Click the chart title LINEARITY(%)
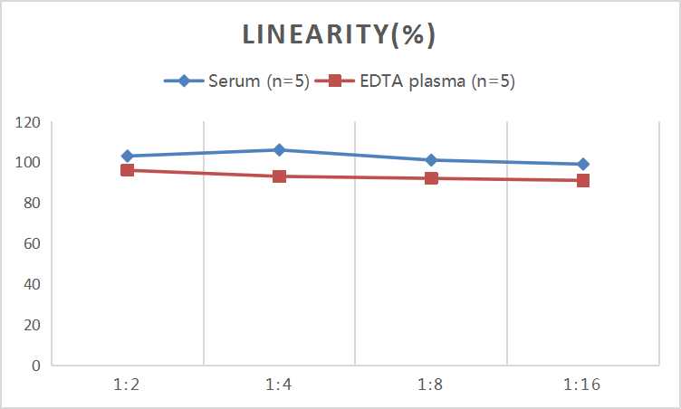[339, 35]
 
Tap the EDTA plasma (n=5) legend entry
[420, 81]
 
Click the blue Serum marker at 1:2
[128, 156]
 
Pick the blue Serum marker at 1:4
[280, 150]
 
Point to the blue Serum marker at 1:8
[431, 160]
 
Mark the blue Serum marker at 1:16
[583, 164]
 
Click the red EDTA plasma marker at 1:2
[128, 170]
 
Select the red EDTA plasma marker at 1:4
[280, 176]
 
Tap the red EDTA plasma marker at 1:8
[431, 178]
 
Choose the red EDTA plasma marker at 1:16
[583, 180]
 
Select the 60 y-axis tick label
[34, 243]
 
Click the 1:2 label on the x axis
[128, 385]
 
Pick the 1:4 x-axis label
[280, 385]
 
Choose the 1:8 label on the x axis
[431, 385]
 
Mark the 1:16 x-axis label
[583, 385]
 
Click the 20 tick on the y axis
[34, 325]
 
